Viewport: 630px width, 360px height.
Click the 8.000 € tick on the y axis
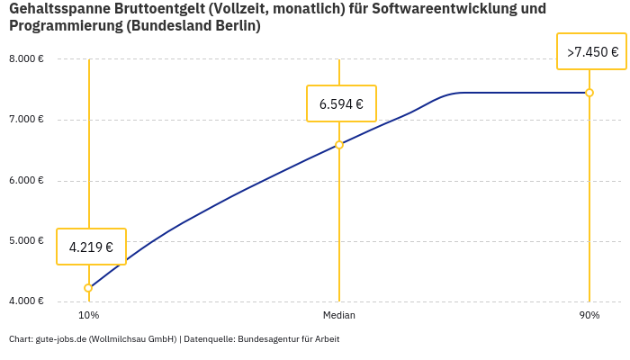[26, 59]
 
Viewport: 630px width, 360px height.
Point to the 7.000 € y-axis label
[26, 120]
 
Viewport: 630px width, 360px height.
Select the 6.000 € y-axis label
[26, 180]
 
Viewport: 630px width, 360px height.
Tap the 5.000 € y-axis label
[26, 240]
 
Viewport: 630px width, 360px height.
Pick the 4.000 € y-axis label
[26, 301]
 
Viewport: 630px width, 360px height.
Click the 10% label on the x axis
[88, 316]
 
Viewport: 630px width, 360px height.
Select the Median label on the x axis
[339, 316]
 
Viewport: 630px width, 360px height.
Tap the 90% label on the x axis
[589, 316]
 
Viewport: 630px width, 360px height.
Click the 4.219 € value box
[91, 247]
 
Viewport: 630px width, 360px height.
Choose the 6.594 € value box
[341, 103]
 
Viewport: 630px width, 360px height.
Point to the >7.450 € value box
[592, 52]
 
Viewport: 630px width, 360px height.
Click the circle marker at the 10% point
[88, 288]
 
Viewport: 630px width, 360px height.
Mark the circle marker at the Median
[339, 145]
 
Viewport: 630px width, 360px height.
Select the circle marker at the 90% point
[589, 93]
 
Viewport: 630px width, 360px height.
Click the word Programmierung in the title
[64, 26]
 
